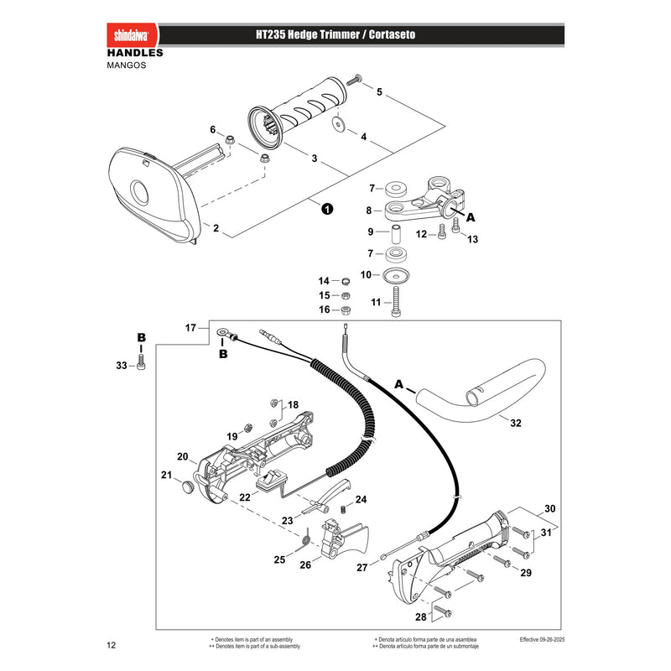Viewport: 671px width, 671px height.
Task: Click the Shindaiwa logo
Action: pyautogui.click(x=132, y=34)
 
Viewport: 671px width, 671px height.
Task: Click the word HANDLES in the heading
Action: pyautogui.click(x=135, y=53)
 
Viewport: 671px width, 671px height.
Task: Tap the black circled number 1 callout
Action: pyautogui.click(x=327, y=209)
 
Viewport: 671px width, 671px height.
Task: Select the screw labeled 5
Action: pyautogui.click(x=354, y=80)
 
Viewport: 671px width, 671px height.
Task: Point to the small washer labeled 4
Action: pyautogui.click(x=339, y=124)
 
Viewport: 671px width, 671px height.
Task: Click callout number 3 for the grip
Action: pyautogui.click(x=314, y=159)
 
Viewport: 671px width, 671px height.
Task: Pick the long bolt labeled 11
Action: pyautogui.click(x=396, y=302)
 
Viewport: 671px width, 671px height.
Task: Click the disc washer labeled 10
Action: pyautogui.click(x=396, y=275)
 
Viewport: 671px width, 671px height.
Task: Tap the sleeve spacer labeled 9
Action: pyautogui.click(x=397, y=232)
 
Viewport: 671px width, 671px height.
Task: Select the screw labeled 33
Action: pyautogui.click(x=141, y=362)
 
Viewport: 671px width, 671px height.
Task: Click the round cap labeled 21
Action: pyautogui.click(x=187, y=486)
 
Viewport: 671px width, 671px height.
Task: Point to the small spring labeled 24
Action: pyautogui.click(x=343, y=509)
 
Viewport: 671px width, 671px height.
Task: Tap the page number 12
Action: pyautogui.click(x=112, y=645)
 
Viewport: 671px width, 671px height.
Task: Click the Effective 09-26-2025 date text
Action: pyautogui.click(x=542, y=639)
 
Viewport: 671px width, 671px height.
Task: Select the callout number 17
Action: pyautogui.click(x=190, y=328)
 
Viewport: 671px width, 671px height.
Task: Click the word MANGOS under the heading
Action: pyautogui.click(x=127, y=65)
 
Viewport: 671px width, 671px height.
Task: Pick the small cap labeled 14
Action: pyautogui.click(x=346, y=281)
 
